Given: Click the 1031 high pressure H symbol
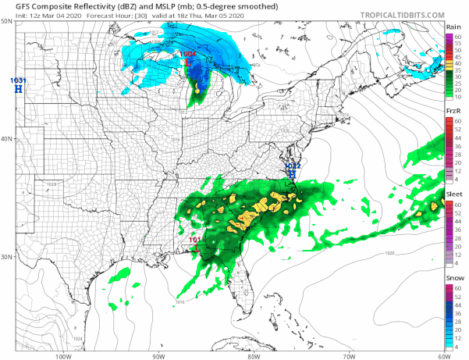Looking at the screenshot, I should [x=17, y=90].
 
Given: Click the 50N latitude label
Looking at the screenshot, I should [x=7, y=22].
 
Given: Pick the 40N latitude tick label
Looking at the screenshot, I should [x=7, y=139].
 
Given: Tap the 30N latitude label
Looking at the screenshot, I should [x=7, y=257].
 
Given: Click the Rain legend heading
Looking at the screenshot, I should [x=453, y=27].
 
